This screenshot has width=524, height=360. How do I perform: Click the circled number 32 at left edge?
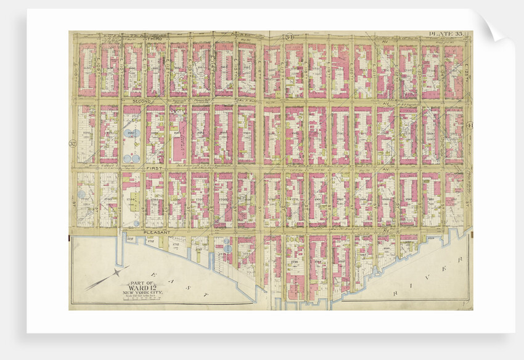pos(72,144)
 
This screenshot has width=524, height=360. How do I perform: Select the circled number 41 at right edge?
pos(469,127)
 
